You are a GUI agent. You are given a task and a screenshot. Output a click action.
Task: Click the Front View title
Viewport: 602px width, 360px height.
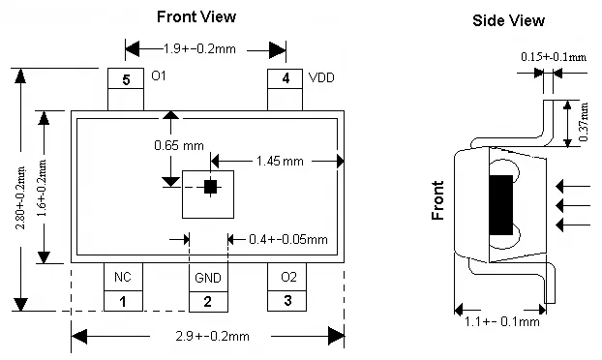point(196,16)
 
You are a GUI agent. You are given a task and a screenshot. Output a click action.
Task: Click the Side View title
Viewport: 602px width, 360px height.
point(508,20)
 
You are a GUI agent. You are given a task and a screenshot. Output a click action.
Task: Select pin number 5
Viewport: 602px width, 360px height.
point(127,79)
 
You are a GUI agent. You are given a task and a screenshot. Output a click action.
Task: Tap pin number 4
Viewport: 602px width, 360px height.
point(286,78)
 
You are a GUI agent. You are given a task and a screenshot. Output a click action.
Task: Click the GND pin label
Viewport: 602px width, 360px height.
point(208,278)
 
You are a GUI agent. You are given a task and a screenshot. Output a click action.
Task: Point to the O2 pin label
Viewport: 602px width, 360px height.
point(288,277)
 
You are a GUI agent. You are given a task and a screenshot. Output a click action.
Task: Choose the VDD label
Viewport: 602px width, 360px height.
point(321,77)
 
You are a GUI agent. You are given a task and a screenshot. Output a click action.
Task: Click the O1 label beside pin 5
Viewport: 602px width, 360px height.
point(159,76)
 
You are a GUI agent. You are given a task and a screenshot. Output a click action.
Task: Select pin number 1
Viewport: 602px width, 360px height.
point(123,302)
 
